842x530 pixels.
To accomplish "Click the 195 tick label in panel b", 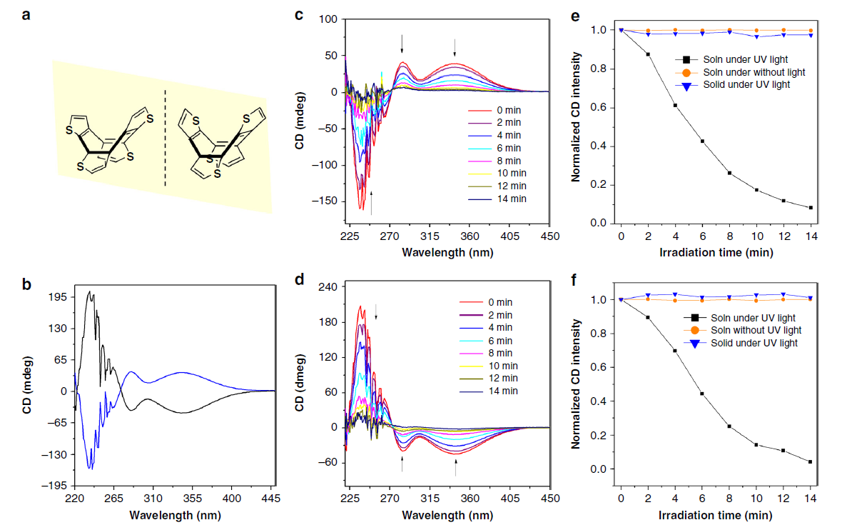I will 58,296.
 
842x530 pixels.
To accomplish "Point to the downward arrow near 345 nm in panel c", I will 455,48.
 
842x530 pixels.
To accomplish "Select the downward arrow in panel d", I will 377,311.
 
